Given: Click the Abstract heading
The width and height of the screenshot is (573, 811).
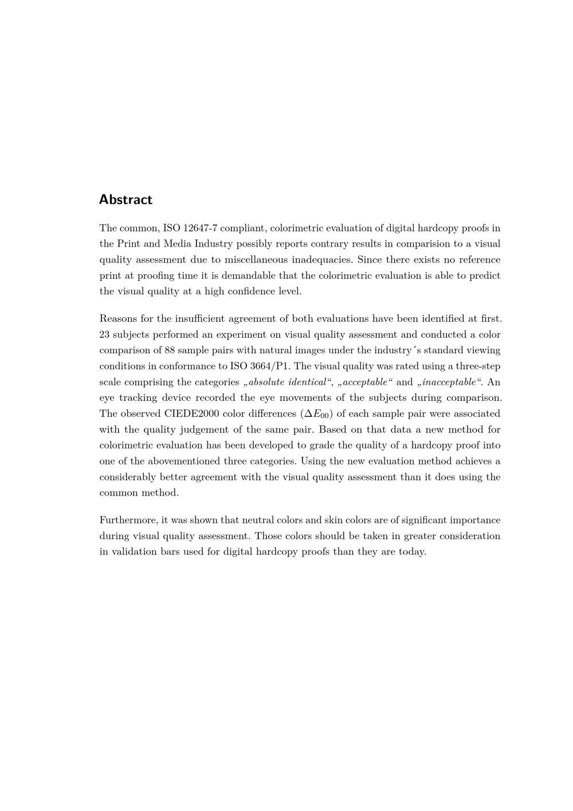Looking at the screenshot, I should click(125, 200).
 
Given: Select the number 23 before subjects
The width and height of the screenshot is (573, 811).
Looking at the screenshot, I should click(105, 334).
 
